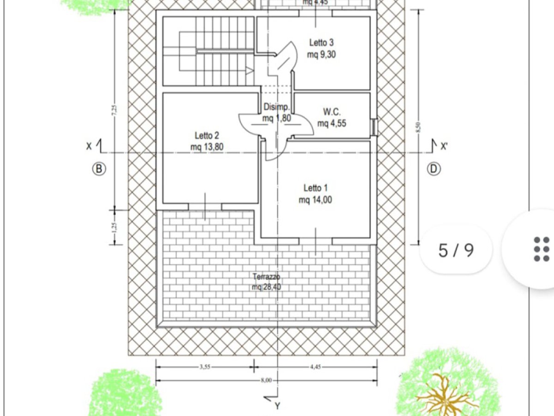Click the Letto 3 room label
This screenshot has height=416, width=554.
click(x=321, y=43)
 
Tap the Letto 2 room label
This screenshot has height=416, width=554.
click(x=206, y=136)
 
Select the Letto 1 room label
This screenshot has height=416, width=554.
click(x=315, y=188)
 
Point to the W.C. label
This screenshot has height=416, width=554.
click(x=331, y=112)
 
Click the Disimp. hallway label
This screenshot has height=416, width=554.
click(x=277, y=107)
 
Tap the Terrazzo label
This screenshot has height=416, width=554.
click(x=267, y=277)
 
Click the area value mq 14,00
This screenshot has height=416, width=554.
click(x=315, y=200)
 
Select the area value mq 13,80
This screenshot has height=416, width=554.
click(x=206, y=147)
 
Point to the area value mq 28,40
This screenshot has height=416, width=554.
click(x=267, y=287)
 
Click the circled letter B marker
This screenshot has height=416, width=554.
click(x=98, y=169)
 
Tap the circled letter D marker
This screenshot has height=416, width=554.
click(x=434, y=169)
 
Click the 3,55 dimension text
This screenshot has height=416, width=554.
click(x=205, y=367)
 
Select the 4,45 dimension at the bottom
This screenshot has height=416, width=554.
click(x=315, y=367)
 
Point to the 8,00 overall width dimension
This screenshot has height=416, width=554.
click(x=267, y=380)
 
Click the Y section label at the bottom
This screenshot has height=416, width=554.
click(x=277, y=406)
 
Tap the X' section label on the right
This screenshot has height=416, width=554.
click(x=444, y=147)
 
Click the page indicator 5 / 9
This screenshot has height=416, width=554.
click(x=456, y=250)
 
